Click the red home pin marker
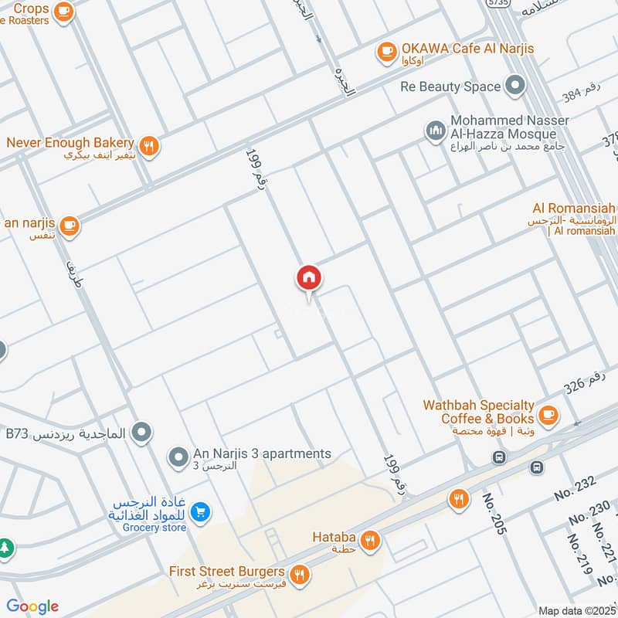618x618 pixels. (x=309, y=278)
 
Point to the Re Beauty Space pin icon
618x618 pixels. (x=514, y=87)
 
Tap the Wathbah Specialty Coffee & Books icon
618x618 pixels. (x=548, y=414)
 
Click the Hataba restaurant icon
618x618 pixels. (x=371, y=540)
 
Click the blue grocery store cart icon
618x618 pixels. (x=199, y=511)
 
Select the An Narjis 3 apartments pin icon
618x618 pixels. (x=179, y=457)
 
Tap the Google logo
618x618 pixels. (x=33, y=606)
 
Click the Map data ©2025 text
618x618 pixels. (x=576, y=610)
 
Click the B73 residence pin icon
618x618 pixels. (x=141, y=433)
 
